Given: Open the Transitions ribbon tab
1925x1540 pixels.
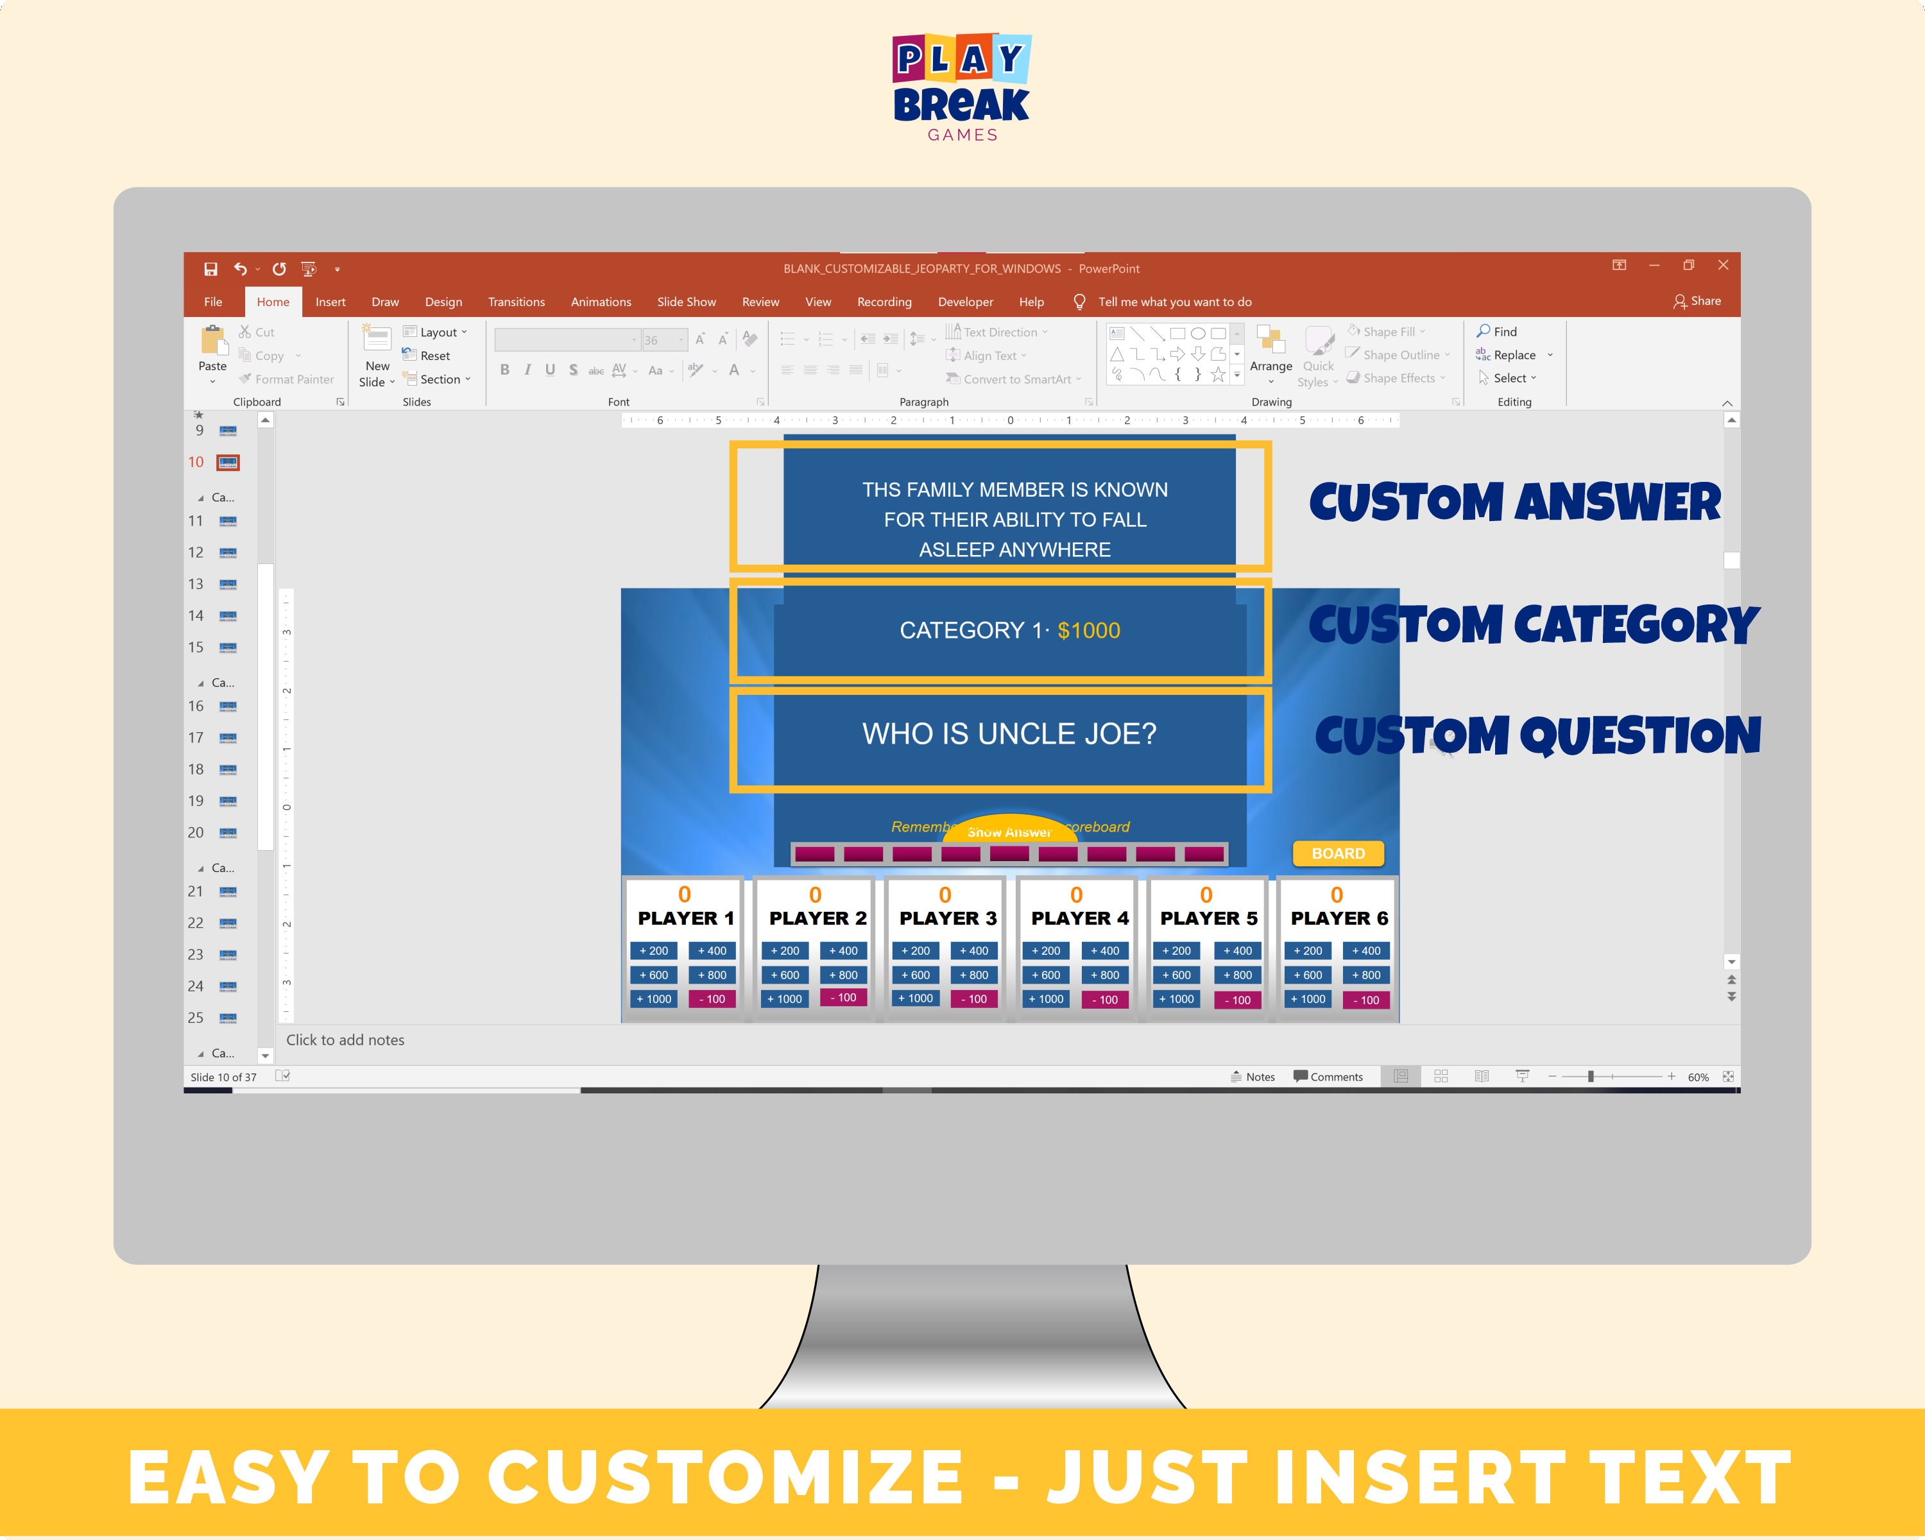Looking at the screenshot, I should point(516,302).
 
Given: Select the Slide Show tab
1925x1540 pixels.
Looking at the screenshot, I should point(686,302).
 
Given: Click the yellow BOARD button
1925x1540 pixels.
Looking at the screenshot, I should point(1337,853).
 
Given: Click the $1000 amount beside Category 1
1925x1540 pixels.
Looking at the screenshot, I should point(1088,630).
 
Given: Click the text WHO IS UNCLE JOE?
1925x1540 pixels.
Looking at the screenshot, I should point(1009,734).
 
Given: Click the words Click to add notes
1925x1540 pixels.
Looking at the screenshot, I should point(345,1040).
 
